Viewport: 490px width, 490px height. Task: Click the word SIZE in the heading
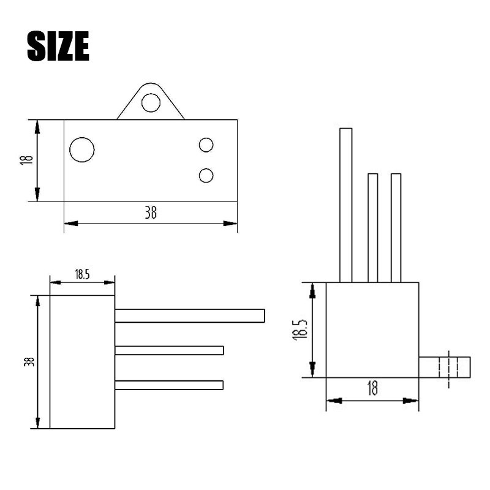(58, 46)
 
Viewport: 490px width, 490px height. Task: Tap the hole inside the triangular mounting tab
(151, 102)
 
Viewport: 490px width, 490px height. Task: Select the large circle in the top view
(82, 149)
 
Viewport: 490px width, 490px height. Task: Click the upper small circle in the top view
(206, 145)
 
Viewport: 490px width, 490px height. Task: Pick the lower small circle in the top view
(206, 176)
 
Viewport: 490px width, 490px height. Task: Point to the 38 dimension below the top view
(151, 213)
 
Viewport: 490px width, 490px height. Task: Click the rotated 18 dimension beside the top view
(26, 160)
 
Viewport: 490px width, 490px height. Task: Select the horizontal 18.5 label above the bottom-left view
(82, 274)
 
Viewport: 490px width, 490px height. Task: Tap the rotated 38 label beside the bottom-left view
(28, 361)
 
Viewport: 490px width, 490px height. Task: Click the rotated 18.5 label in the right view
(300, 329)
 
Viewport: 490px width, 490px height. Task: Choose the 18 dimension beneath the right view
(372, 388)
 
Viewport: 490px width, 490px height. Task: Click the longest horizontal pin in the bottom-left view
(190, 315)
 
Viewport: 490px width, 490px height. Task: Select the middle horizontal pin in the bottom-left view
(169, 350)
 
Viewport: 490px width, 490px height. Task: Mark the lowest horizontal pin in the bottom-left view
(169, 385)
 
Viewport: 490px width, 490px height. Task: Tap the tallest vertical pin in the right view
(346, 205)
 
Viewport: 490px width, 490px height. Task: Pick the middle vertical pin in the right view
(372, 228)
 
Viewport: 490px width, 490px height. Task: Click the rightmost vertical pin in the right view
(396, 228)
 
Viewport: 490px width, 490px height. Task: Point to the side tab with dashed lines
(445, 367)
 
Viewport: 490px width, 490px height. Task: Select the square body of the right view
(372, 330)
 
